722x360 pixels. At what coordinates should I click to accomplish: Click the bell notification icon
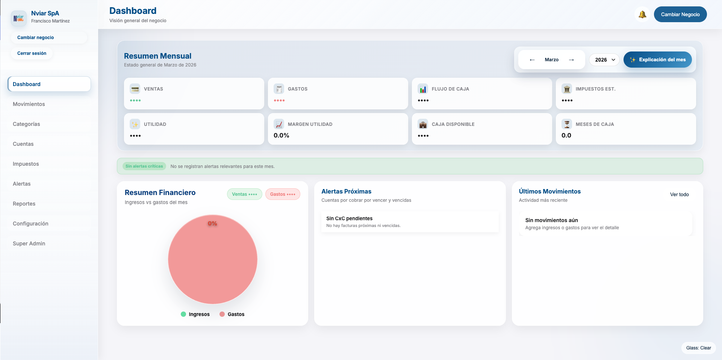click(642, 15)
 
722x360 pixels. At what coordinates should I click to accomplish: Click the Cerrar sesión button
click(32, 53)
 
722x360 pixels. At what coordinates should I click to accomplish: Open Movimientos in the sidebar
click(29, 104)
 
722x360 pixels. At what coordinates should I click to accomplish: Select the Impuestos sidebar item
click(26, 164)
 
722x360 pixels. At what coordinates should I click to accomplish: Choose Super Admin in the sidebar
click(29, 244)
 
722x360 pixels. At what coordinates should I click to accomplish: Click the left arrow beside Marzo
click(532, 60)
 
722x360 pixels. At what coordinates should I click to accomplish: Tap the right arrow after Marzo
click(571, 60)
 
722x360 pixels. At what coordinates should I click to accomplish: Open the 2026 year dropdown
click(604, 60)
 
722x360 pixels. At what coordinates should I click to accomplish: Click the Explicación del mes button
click(657, 60)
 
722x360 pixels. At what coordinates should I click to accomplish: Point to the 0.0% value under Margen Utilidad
click(281, 135)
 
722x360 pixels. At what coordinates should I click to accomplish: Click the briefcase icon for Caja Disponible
click(423, 124)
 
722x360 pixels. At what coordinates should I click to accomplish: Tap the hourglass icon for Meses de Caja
click(567, 124)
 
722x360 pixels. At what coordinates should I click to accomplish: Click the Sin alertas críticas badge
click(144, 166)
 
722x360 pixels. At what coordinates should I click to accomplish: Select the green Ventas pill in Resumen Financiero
click(244, 194)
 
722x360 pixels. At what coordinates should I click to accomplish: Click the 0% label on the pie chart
click(212, 223)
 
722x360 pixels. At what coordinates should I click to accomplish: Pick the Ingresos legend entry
click(195, 314)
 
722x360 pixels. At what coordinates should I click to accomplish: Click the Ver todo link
click(679, 194)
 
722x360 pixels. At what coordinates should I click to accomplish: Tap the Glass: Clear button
click(698, 348)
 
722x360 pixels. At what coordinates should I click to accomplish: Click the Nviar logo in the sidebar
click(18, 18)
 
